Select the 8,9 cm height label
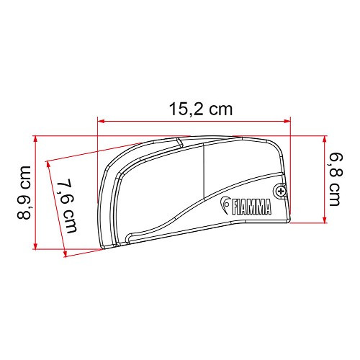(x=24, y=192)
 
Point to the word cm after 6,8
(x=334, y=193)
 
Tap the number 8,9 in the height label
(x=24, y=207)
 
